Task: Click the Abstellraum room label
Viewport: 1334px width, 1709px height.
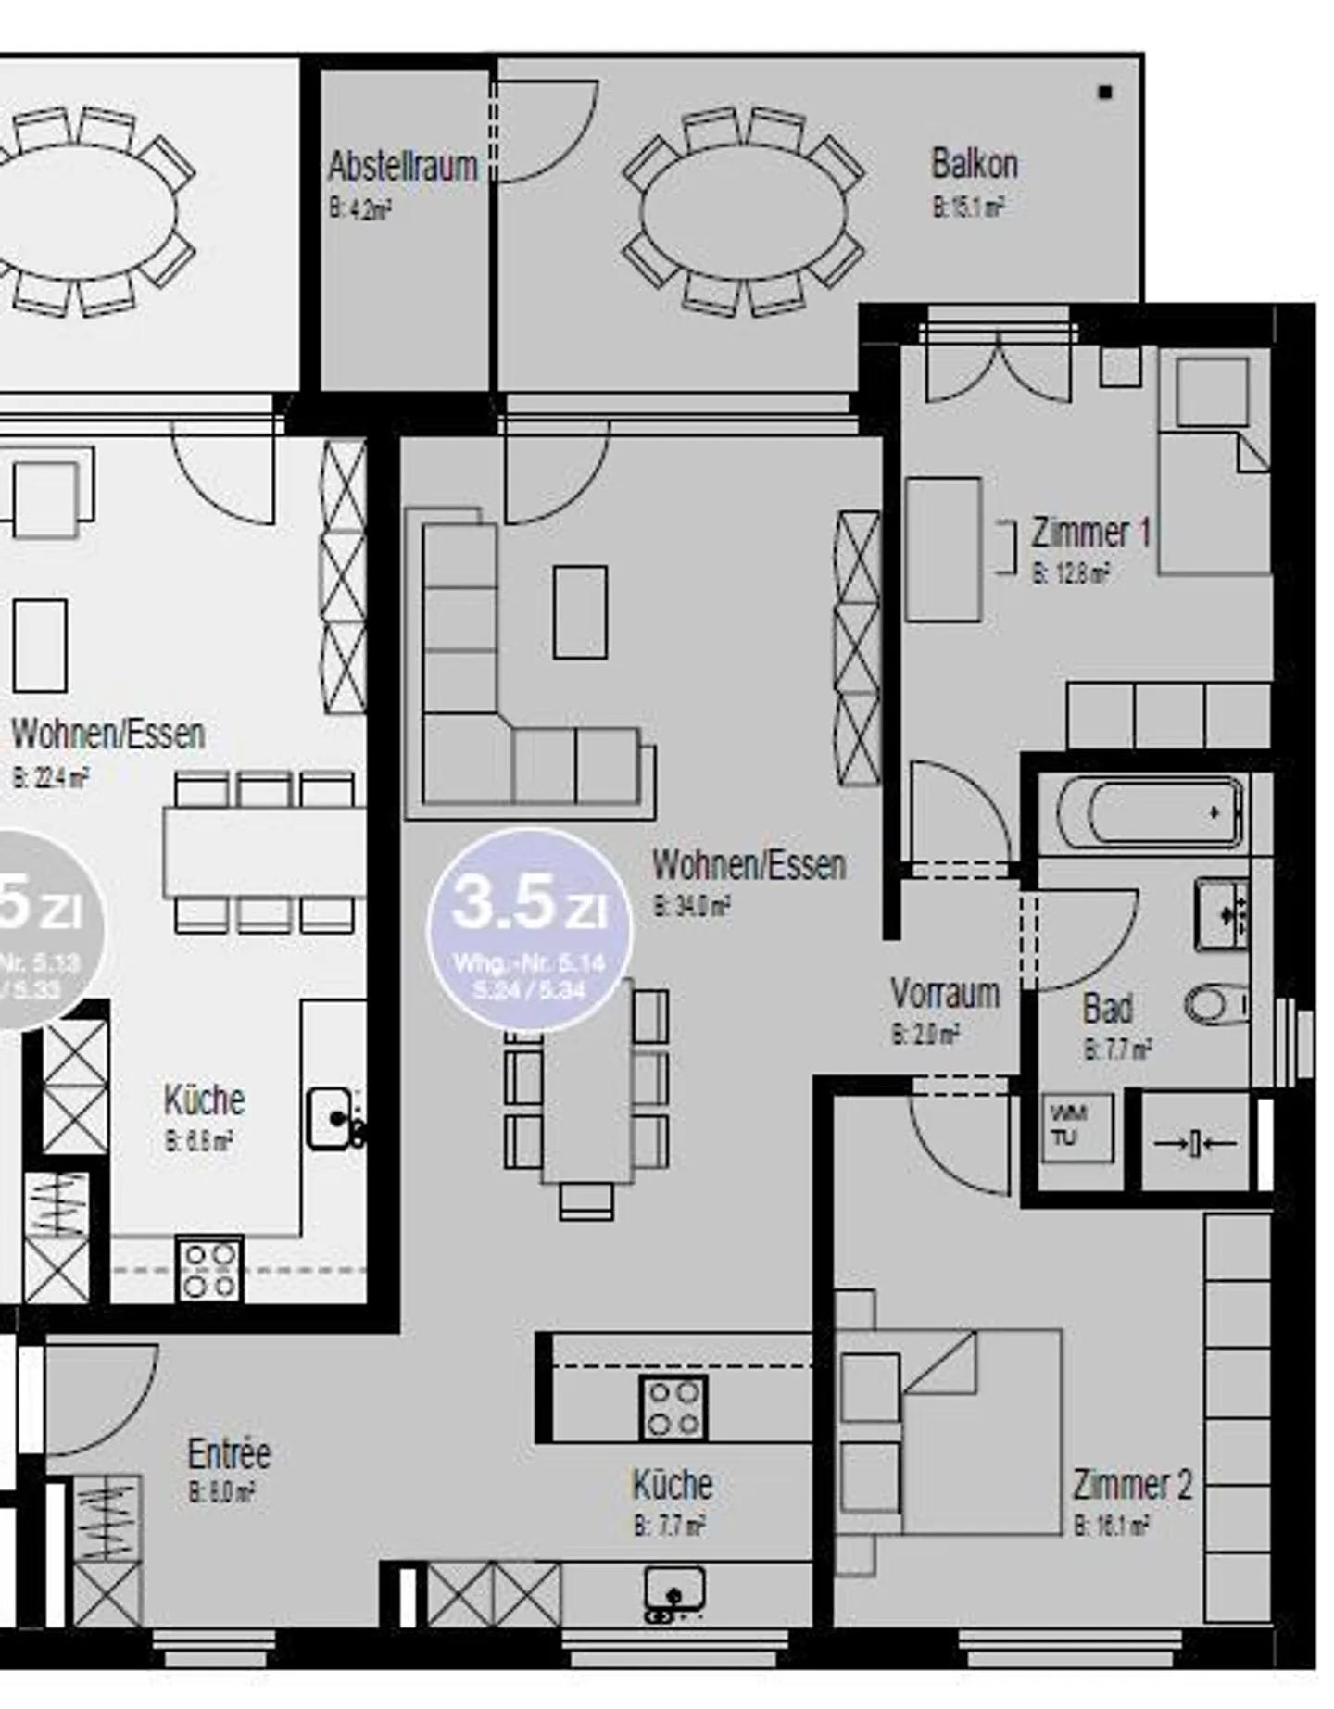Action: (x=403, y=167)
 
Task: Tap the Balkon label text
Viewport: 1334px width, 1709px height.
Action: (x=974, y=165)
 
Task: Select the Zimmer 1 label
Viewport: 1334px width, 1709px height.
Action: (x=1090, y=534)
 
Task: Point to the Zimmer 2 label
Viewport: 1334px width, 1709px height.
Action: (x=1131, y=1485)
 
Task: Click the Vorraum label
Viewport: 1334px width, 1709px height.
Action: (x=945, y=993)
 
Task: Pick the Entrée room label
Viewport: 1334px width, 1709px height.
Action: (x=229, y=1453)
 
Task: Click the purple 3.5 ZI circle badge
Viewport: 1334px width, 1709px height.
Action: (x=529, y=929)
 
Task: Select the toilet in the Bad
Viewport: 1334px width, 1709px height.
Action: (x=1216, y=1004)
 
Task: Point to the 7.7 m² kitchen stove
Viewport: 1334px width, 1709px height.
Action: (x=673, y=1408)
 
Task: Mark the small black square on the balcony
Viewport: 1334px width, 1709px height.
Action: (x=1104, y=92)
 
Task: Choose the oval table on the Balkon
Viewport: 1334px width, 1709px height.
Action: (x=743, y=212)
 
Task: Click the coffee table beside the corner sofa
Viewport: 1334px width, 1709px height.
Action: (x=580, y=612)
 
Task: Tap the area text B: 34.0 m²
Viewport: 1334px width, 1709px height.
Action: (x=691, y=906)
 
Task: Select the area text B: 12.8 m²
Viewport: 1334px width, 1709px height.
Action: (x=1070, y=573)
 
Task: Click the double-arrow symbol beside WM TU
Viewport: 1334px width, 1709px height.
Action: (x=1195, y=1144)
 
